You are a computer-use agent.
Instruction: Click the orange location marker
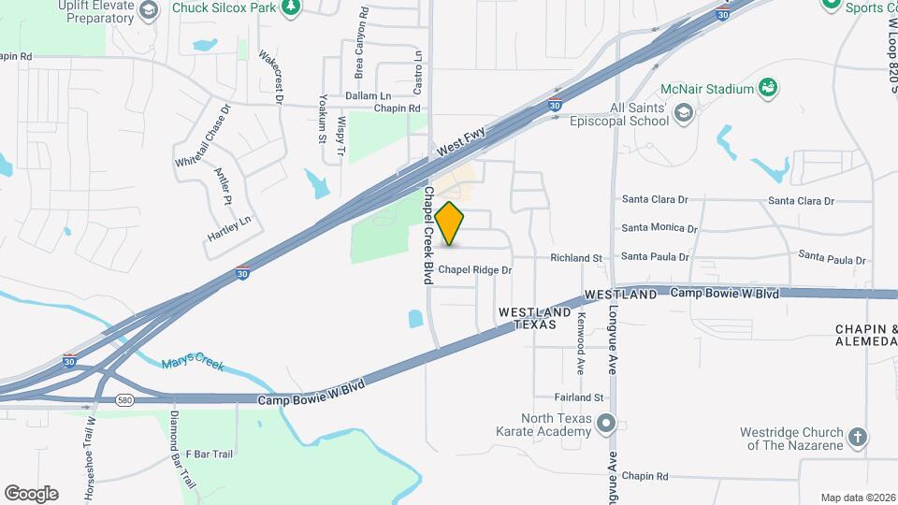click(x=450, y=224)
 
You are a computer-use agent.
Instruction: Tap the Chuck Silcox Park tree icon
click(x=292, y=7)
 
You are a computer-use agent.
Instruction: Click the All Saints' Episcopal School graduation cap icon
click(x=684, y=113)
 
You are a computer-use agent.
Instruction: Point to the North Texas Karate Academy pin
click(x=606, y=425)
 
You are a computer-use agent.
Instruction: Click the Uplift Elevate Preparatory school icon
click(x=147, y=9)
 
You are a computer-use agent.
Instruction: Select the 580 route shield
click(x=123, y=400)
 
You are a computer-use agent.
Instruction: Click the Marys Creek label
click(x=193, y=363)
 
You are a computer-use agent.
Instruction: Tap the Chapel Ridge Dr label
click(x=475, y=270)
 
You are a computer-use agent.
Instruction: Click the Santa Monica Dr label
click(x=659, y=228)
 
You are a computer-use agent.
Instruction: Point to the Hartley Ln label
click(x=230, y=228)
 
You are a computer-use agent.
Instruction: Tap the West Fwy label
click(x=461, y=144)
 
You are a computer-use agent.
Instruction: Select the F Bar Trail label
click(x=209, y=454)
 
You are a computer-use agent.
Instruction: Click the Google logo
click(x=31, y=493)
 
